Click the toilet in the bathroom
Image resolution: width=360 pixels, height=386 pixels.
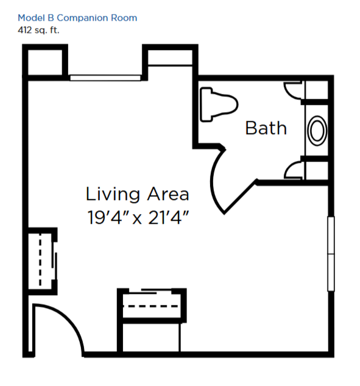click(x=219, y=104)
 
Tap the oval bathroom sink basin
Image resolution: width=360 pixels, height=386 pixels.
click(x=317, y=130)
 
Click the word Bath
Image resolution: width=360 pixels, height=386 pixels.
click(x=266, y=128)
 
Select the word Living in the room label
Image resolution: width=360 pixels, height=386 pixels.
click(x=113, y=195)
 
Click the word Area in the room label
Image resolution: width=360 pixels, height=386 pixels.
click(x=168, y=194)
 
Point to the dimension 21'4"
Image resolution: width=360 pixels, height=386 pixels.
click(x=169, y=217)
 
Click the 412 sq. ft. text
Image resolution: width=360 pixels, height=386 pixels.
click(x=38, y=30)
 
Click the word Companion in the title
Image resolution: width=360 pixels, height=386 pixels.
click(x=83, y=18)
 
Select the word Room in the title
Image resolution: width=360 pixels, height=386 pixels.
click(x=124, y=18)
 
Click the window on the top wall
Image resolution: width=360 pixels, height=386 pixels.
click(x=105, y=78)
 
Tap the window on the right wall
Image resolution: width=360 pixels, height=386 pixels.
click(x=331, y=254)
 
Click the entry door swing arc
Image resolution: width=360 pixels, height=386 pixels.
click(x=71, y=320)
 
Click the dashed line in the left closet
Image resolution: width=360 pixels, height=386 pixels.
click(x=40, y=259)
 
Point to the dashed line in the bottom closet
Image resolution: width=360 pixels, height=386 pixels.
click(x=150, y=306)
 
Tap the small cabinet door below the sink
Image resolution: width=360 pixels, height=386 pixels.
click(x=292, y=170)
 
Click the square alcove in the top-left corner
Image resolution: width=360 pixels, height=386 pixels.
click(x=45, y=62)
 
